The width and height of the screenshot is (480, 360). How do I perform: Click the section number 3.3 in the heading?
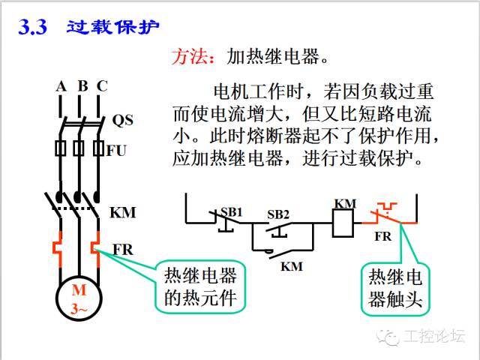point(32,27)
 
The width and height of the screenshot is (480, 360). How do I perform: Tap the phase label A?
point(61,86)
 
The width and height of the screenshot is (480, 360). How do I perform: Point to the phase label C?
point(102,86)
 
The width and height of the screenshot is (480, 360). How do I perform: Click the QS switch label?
point(122,120)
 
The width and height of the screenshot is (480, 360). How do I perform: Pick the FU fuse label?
point(116,151)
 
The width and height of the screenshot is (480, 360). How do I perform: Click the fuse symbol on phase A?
point(60,148)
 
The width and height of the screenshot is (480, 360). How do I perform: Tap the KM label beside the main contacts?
point(122,212)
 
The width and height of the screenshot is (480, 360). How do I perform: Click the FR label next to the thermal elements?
point(123,250)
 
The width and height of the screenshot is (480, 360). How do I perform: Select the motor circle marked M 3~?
point(79,298)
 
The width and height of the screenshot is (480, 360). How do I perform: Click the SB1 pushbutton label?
point(232,211)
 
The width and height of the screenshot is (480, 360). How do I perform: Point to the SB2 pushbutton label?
point(278,214)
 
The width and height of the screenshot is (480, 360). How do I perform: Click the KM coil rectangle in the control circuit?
point(343,223)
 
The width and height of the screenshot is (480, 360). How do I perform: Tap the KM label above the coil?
point(345,203)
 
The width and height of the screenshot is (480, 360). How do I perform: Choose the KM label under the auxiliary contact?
point(292,266)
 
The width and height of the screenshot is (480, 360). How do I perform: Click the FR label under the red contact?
point(383,236)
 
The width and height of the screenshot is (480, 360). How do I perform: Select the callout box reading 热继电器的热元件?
point(200,286)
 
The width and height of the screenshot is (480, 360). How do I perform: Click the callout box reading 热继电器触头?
point(395,289)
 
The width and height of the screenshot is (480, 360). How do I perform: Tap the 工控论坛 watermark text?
point(434,336)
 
